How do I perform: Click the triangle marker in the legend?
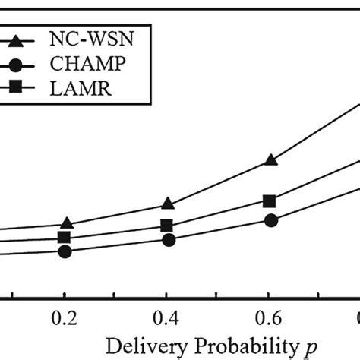[17, 36]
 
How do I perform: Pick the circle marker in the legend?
[17, 62]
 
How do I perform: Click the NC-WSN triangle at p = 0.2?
[66, 223]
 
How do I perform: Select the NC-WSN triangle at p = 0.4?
[169, 203]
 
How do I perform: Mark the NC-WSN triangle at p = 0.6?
[271, 159]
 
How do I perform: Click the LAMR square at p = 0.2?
[65, 238]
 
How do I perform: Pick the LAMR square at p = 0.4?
[167, 226]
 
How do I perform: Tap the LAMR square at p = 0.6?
[269, 201]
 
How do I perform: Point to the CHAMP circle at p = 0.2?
[65, 251]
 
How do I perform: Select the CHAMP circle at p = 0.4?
[169, 240]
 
